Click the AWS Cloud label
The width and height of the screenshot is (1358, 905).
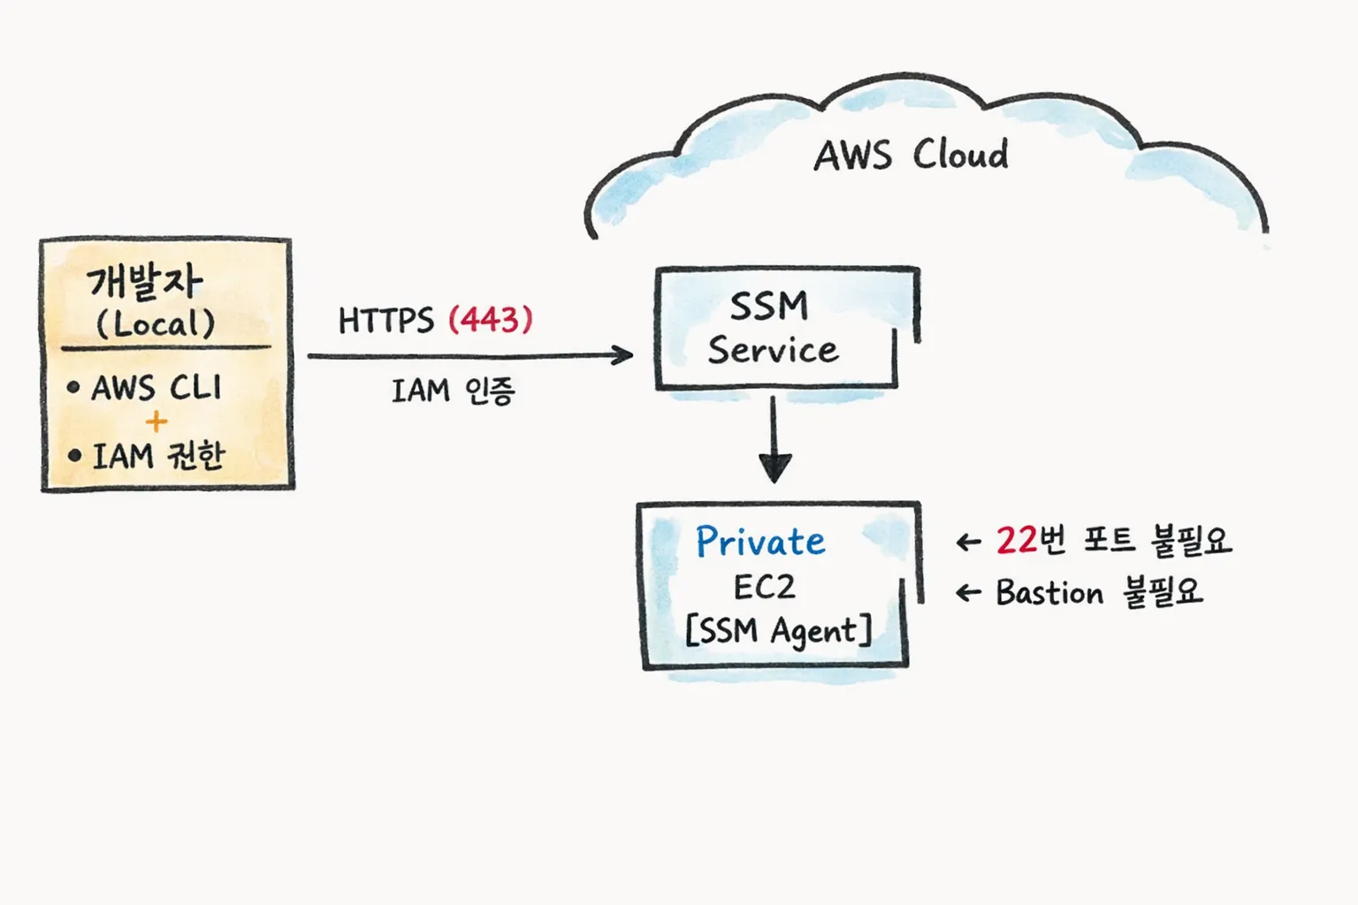(911, 156)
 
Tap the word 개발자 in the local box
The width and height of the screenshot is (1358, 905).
(145, 282)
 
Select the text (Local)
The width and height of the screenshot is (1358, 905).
(156, 323)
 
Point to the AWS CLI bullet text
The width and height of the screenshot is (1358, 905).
(156, 387)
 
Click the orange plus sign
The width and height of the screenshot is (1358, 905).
(156, 422)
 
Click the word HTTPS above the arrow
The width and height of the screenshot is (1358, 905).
(385, 320)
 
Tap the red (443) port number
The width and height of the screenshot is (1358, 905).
(491, 319)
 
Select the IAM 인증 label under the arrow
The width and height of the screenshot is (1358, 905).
(453, 390)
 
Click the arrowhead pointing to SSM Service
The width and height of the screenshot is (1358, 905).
(624, 355)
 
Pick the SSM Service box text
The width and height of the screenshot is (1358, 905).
(772, 328)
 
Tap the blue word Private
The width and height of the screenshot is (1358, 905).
(760, 541)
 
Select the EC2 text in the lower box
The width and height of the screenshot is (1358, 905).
(764, 587)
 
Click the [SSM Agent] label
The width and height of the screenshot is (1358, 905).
(778, 631)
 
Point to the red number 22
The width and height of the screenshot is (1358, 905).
(1016, 540)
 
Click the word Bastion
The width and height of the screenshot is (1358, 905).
(1049, 592)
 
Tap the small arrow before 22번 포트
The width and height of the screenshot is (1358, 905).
(969, 542)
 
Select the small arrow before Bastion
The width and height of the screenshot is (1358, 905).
(969, 593)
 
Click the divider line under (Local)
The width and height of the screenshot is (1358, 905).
(166, 348)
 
